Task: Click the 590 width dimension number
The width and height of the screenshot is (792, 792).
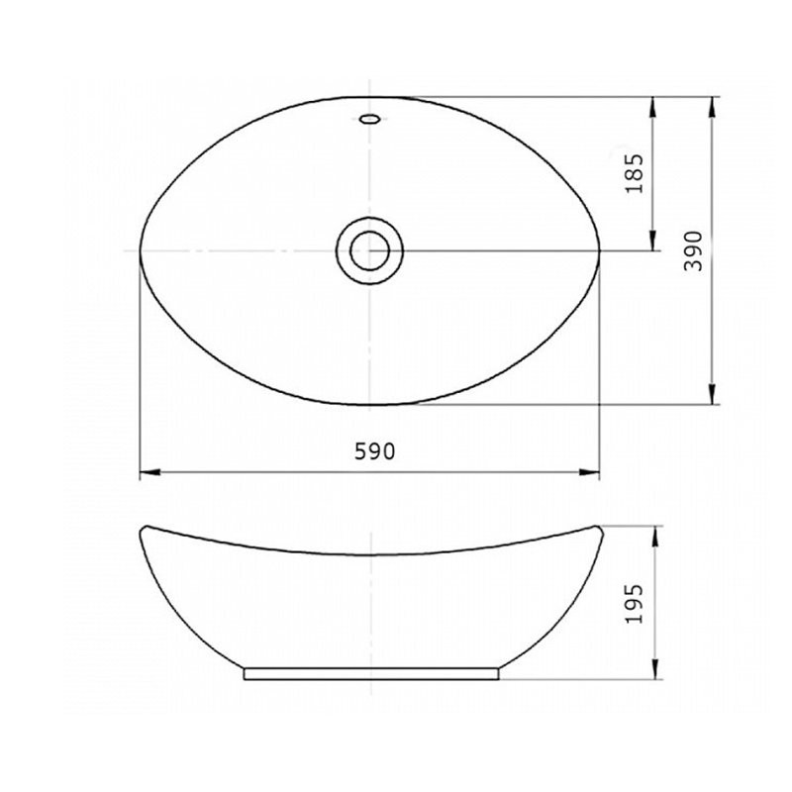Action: [374, 451]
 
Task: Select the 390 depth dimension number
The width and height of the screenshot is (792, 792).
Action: [694, 251]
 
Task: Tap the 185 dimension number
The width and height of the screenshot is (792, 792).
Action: [635, 173]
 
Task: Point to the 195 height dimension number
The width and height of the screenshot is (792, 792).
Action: [635, 604]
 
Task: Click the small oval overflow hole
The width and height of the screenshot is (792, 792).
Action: [369, 119]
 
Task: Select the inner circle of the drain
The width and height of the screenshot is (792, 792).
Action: [370, 250]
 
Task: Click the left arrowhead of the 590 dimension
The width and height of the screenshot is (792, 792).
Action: [150, 472]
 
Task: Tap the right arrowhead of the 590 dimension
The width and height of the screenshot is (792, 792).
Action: [589, 472]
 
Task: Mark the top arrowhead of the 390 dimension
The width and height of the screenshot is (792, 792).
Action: [712, 107]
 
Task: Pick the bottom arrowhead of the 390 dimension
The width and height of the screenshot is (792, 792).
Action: [712, 394]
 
